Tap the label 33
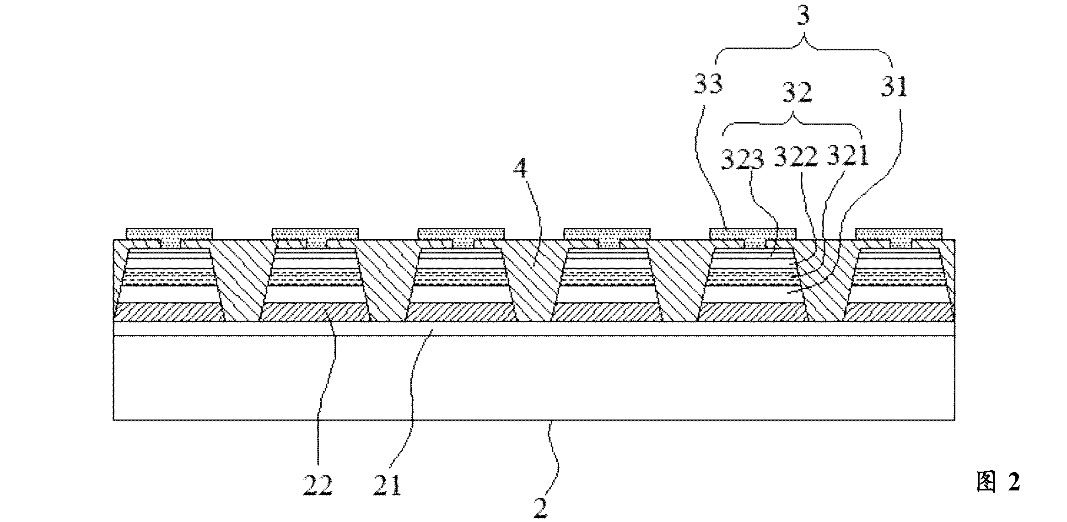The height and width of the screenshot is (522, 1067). [708, 85]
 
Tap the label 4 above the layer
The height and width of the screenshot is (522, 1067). [520, 169]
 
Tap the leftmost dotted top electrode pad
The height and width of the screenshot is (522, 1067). [169, 234]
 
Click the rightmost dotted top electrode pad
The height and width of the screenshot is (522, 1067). [899, 234]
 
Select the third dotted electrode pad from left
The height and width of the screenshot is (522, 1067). [461, 234]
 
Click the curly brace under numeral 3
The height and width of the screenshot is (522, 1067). [803, 57]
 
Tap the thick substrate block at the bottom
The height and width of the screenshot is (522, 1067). [534, 378]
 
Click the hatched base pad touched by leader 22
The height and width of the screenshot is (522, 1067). [315, 312]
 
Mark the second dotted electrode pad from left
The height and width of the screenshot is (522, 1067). [315, 234]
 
